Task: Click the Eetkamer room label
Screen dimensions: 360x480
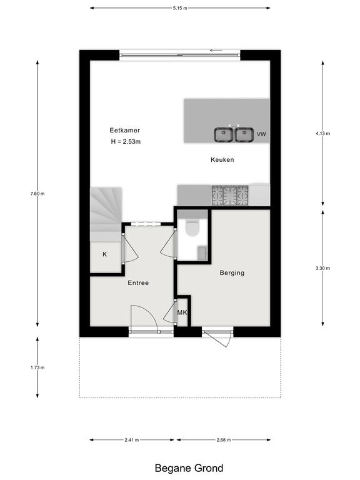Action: (x=124, y=130)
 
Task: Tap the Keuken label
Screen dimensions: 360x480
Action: (x=222, y=159)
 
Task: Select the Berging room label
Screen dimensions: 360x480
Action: (x=232, y=272)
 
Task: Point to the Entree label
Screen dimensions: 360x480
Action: (x=138, y=283)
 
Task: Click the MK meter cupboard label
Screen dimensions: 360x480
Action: (x=182, y=312)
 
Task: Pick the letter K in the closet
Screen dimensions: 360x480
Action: (x=105, y=254)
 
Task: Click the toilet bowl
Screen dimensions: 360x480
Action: (x=192, y=228)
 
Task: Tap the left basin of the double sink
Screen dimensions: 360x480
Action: (x=224, y=134)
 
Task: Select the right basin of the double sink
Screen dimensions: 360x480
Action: (x=244, y=134)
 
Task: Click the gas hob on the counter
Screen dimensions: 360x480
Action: (x=230, y=195)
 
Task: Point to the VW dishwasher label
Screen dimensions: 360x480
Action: (x=261, y=134)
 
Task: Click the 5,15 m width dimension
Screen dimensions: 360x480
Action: (x=180, y=8)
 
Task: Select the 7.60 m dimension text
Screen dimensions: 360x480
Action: (x=37, y=194)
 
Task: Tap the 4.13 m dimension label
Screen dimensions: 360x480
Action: (x=323, y=134)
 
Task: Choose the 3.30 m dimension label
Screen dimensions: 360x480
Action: (x=323, y=268)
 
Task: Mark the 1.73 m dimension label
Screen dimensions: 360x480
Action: (x=37, y=367)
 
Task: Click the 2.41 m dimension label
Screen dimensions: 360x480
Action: (x=132, y=440)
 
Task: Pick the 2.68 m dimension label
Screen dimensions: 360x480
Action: (x=224, y=440)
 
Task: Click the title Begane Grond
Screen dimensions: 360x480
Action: (x=189, y=468)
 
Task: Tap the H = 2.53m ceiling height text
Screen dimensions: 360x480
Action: (x=126, y=141)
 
